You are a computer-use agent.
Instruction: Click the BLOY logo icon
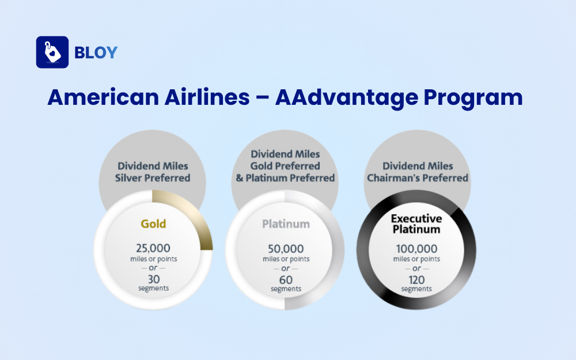(x=52, y=52)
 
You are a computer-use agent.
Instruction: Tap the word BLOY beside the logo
(x=96, y=52)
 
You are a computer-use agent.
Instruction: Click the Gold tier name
(x=153, y=223)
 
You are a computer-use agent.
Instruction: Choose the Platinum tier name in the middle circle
(x=286, y=224)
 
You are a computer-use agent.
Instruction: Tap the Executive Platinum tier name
(x=416, y=224)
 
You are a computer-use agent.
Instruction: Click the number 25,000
(x=153, y=248)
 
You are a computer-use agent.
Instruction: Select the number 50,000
(x=286, y=249)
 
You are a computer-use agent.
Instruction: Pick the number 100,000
(x=416, y=249)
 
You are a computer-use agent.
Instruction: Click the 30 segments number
(x=154, y=278)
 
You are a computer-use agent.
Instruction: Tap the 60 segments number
(x=286, y=279)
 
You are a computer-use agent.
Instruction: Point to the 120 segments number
(x=416, y=279)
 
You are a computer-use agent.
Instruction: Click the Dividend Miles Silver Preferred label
(x=153, y=172)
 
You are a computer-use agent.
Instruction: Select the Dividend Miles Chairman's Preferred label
(x=418, y=172)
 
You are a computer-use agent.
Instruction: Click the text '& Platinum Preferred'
(x=285, y=178)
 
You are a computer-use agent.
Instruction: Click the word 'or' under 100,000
(x=416, y=268)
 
